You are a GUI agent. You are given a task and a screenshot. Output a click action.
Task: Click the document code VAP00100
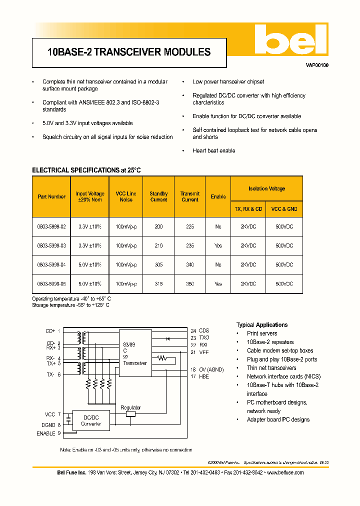(x=317, y=65)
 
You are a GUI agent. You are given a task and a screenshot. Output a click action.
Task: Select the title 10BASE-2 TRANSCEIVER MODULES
(x=128, y=52)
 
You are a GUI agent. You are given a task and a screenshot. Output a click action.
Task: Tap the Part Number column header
(x=51, y=196)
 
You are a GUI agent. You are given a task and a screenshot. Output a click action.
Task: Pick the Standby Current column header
(x=158, y=196)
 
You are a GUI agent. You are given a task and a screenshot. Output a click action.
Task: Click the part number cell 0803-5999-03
(x=51, y=245)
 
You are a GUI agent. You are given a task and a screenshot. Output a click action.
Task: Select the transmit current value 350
(x=190, y=284)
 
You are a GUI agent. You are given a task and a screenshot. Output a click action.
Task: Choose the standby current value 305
(x=158, y=265)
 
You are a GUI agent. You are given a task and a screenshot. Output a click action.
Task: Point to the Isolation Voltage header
(x=266, y=188)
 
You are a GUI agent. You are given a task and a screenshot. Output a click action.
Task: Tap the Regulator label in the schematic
(x=131, y=407)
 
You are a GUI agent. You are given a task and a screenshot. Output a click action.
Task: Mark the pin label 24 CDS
(x=200, y=330)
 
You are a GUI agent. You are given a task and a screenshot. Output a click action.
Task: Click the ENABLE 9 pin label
(x=48, y=433)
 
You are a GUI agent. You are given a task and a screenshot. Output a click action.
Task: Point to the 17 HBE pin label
(x=200, y=376)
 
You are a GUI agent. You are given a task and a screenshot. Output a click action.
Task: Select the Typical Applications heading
(x=261, y=324)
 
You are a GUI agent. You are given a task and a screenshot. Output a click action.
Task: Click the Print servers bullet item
(x=261, y=333)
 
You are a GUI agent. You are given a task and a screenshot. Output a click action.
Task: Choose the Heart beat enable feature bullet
(x=213, y=150)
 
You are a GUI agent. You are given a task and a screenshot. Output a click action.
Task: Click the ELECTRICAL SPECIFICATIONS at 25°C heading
(x=86, y=170)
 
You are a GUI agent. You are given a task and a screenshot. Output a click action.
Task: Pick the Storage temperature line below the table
(x=70, y=304)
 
